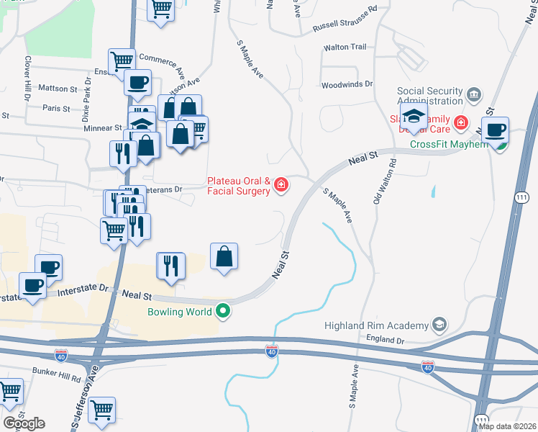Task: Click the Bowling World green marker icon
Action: coord(224,312)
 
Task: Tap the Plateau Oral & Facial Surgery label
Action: coord(239,186)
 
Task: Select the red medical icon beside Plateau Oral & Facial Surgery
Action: coord(281,186)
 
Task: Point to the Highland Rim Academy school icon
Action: coord(438,325)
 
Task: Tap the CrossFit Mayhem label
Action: coord(449,143)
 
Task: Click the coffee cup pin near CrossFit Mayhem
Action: coord(495,131)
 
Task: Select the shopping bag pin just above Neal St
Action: coord(224,256)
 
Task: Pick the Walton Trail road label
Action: coord(345,48)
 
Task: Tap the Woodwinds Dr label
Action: coord(347,84)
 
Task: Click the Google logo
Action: coord(24,423)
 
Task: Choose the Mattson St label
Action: coord(58,89)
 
